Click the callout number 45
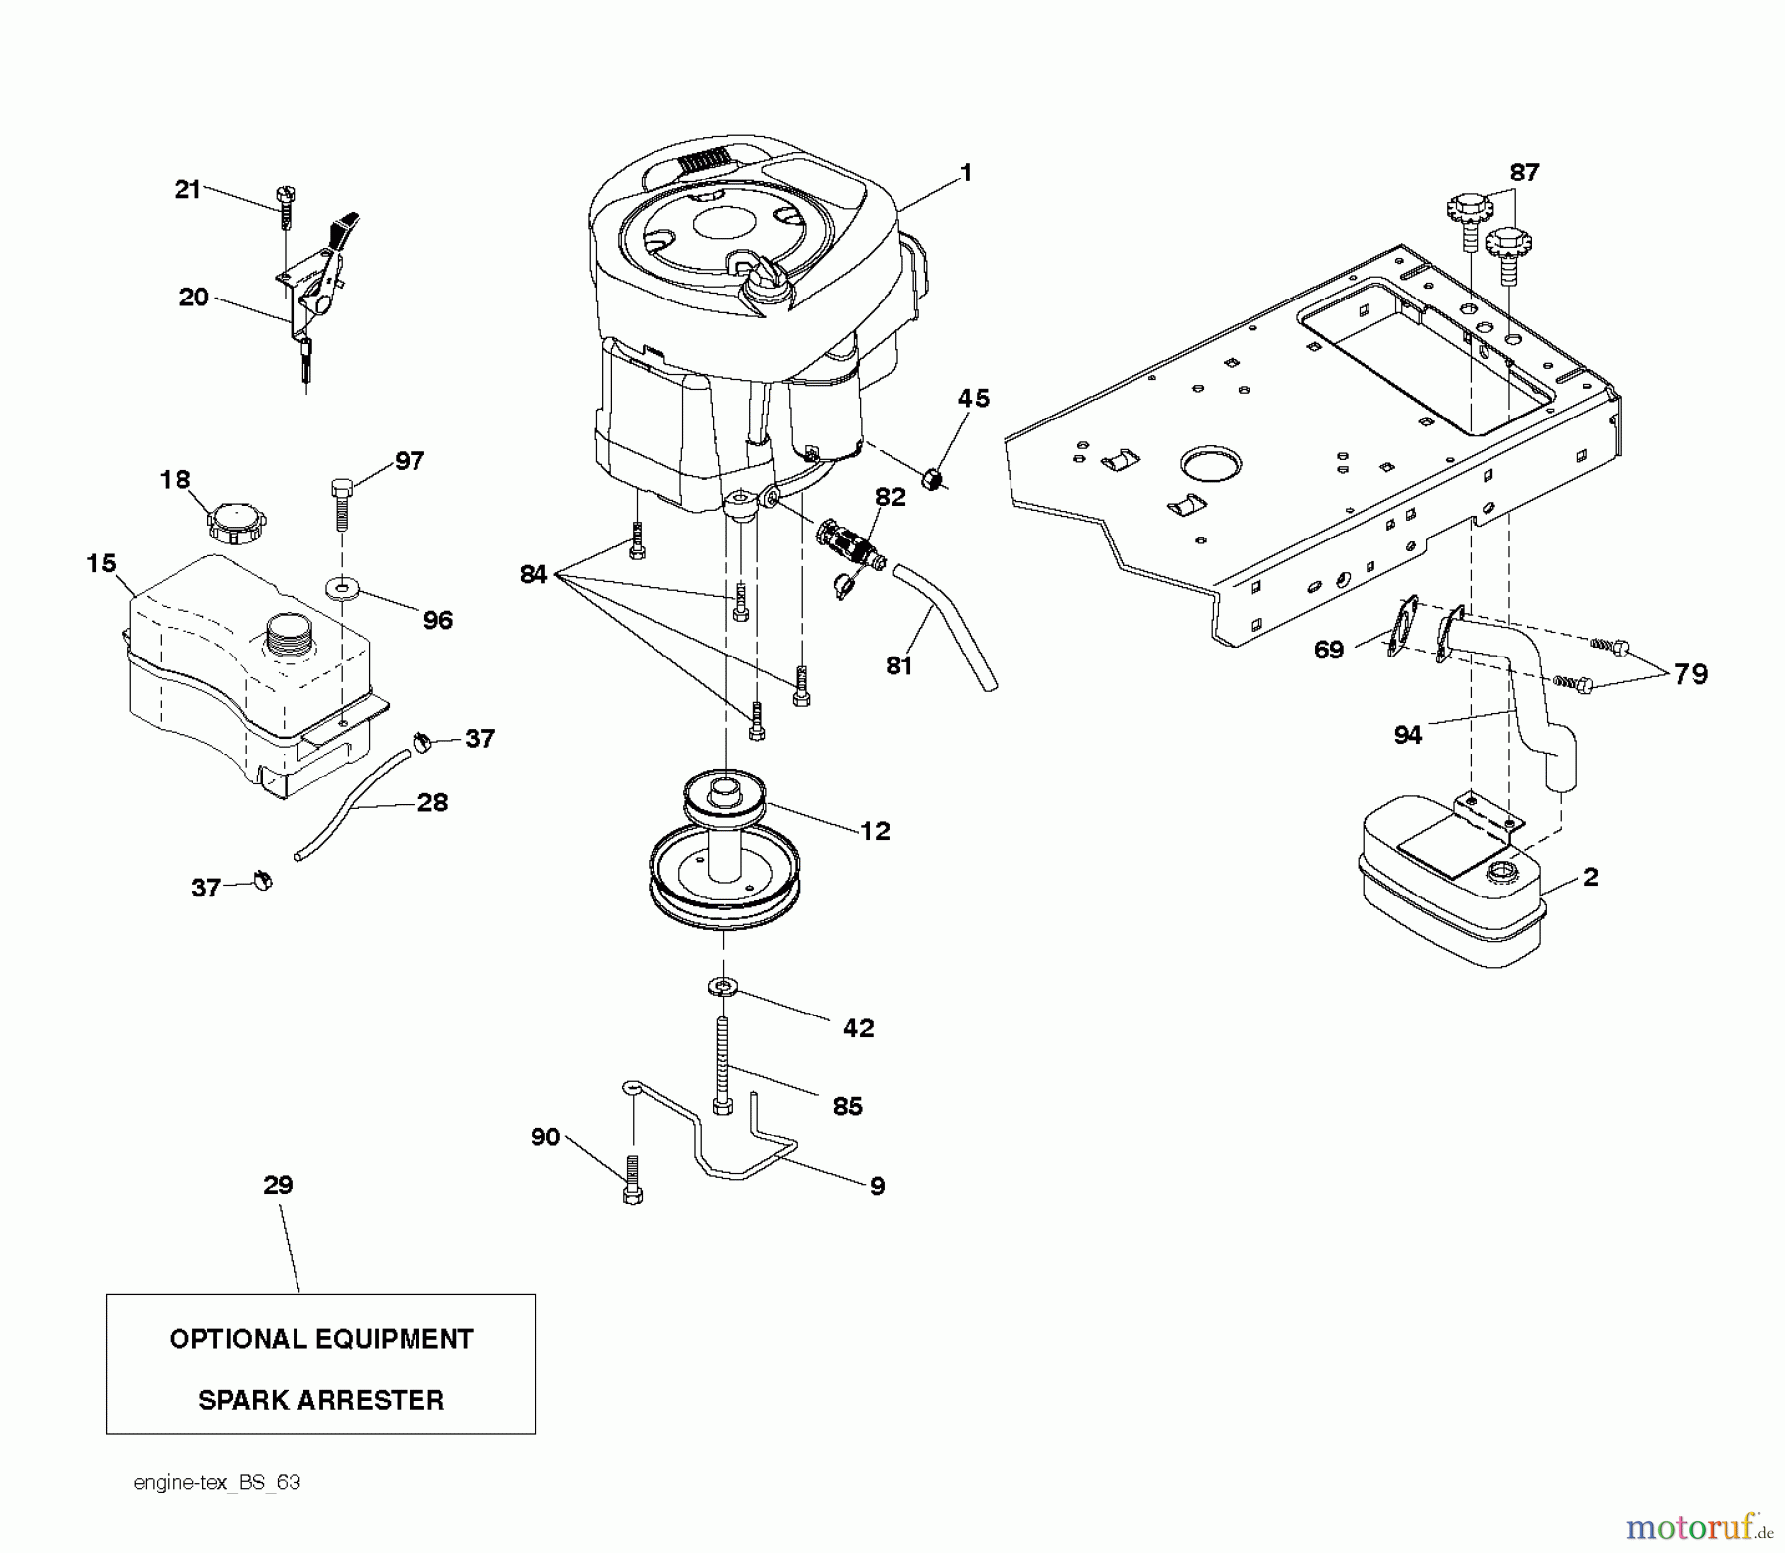pos(973,398)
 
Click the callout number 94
pos(1407,735)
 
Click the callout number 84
pos(534,574)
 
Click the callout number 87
pos(1523,173)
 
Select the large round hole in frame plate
pos(1210,462)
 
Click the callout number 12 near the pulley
pos(875,831)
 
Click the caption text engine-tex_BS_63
pos(216,1482)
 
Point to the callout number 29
pos(279,1184)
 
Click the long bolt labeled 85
pos(723,1067)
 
